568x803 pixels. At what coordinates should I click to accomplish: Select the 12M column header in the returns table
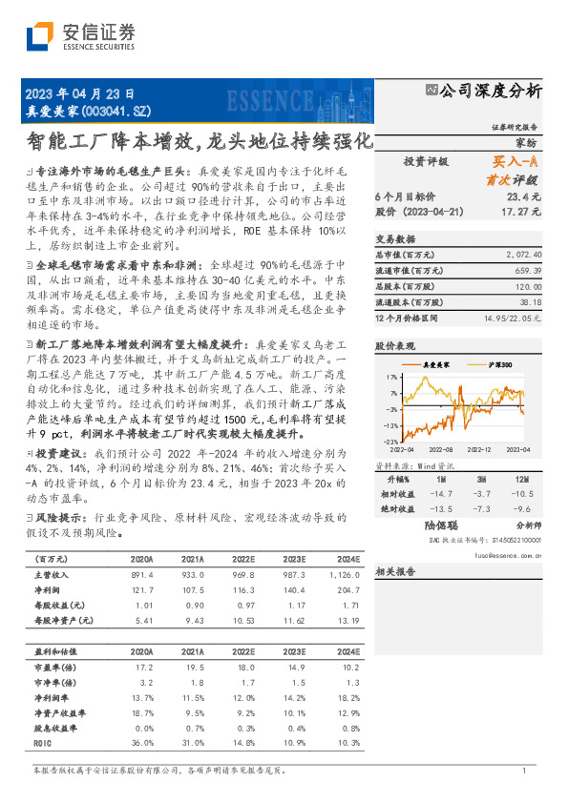[520, 478]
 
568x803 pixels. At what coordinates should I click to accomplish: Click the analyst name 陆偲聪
[442, 525]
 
